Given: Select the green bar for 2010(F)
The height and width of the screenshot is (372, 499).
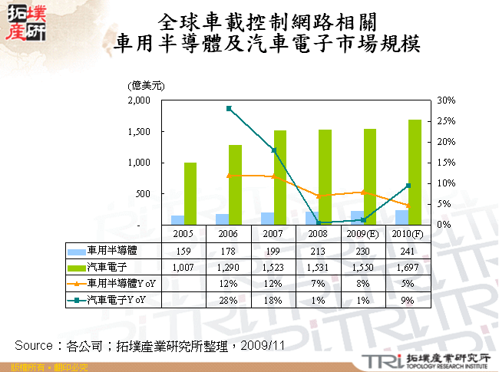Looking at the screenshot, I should tap(415, 172).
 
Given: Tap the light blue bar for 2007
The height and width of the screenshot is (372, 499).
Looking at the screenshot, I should tap(267, 218).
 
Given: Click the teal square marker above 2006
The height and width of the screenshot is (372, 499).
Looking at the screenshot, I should tap(230, 109).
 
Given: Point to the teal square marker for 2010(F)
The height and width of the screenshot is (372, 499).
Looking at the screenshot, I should tap(408, 186).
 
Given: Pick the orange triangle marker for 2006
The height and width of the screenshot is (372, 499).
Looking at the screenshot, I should tap(230, 176).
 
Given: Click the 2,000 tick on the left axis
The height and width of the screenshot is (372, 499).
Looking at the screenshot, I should tap(140, 100).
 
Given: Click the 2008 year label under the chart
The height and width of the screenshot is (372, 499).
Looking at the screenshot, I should tap(319, 233).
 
